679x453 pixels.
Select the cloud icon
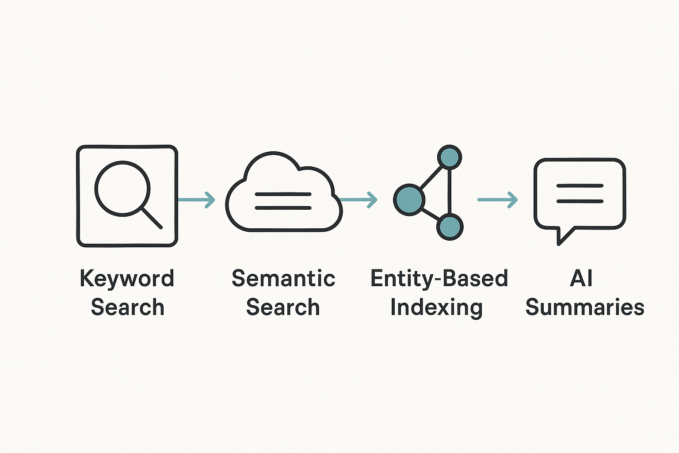click(283, 192)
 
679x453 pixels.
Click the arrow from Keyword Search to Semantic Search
click(197, 200)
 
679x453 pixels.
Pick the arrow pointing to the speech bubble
click(498, 200)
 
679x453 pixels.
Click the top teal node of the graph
click(449, 157)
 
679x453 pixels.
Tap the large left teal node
click(409, 200)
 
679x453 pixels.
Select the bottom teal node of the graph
click(449, 227)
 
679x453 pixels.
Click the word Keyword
click(127, 279)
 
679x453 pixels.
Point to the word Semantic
click(283, 279)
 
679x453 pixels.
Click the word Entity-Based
click(439, 279)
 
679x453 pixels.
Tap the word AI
click(581, 279)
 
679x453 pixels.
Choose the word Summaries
click(584, 307)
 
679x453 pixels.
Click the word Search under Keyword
click(127, 307)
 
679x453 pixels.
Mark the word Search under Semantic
click(283, 307)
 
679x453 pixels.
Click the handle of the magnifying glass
click(152, 218)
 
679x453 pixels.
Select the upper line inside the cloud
click(283, 194)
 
